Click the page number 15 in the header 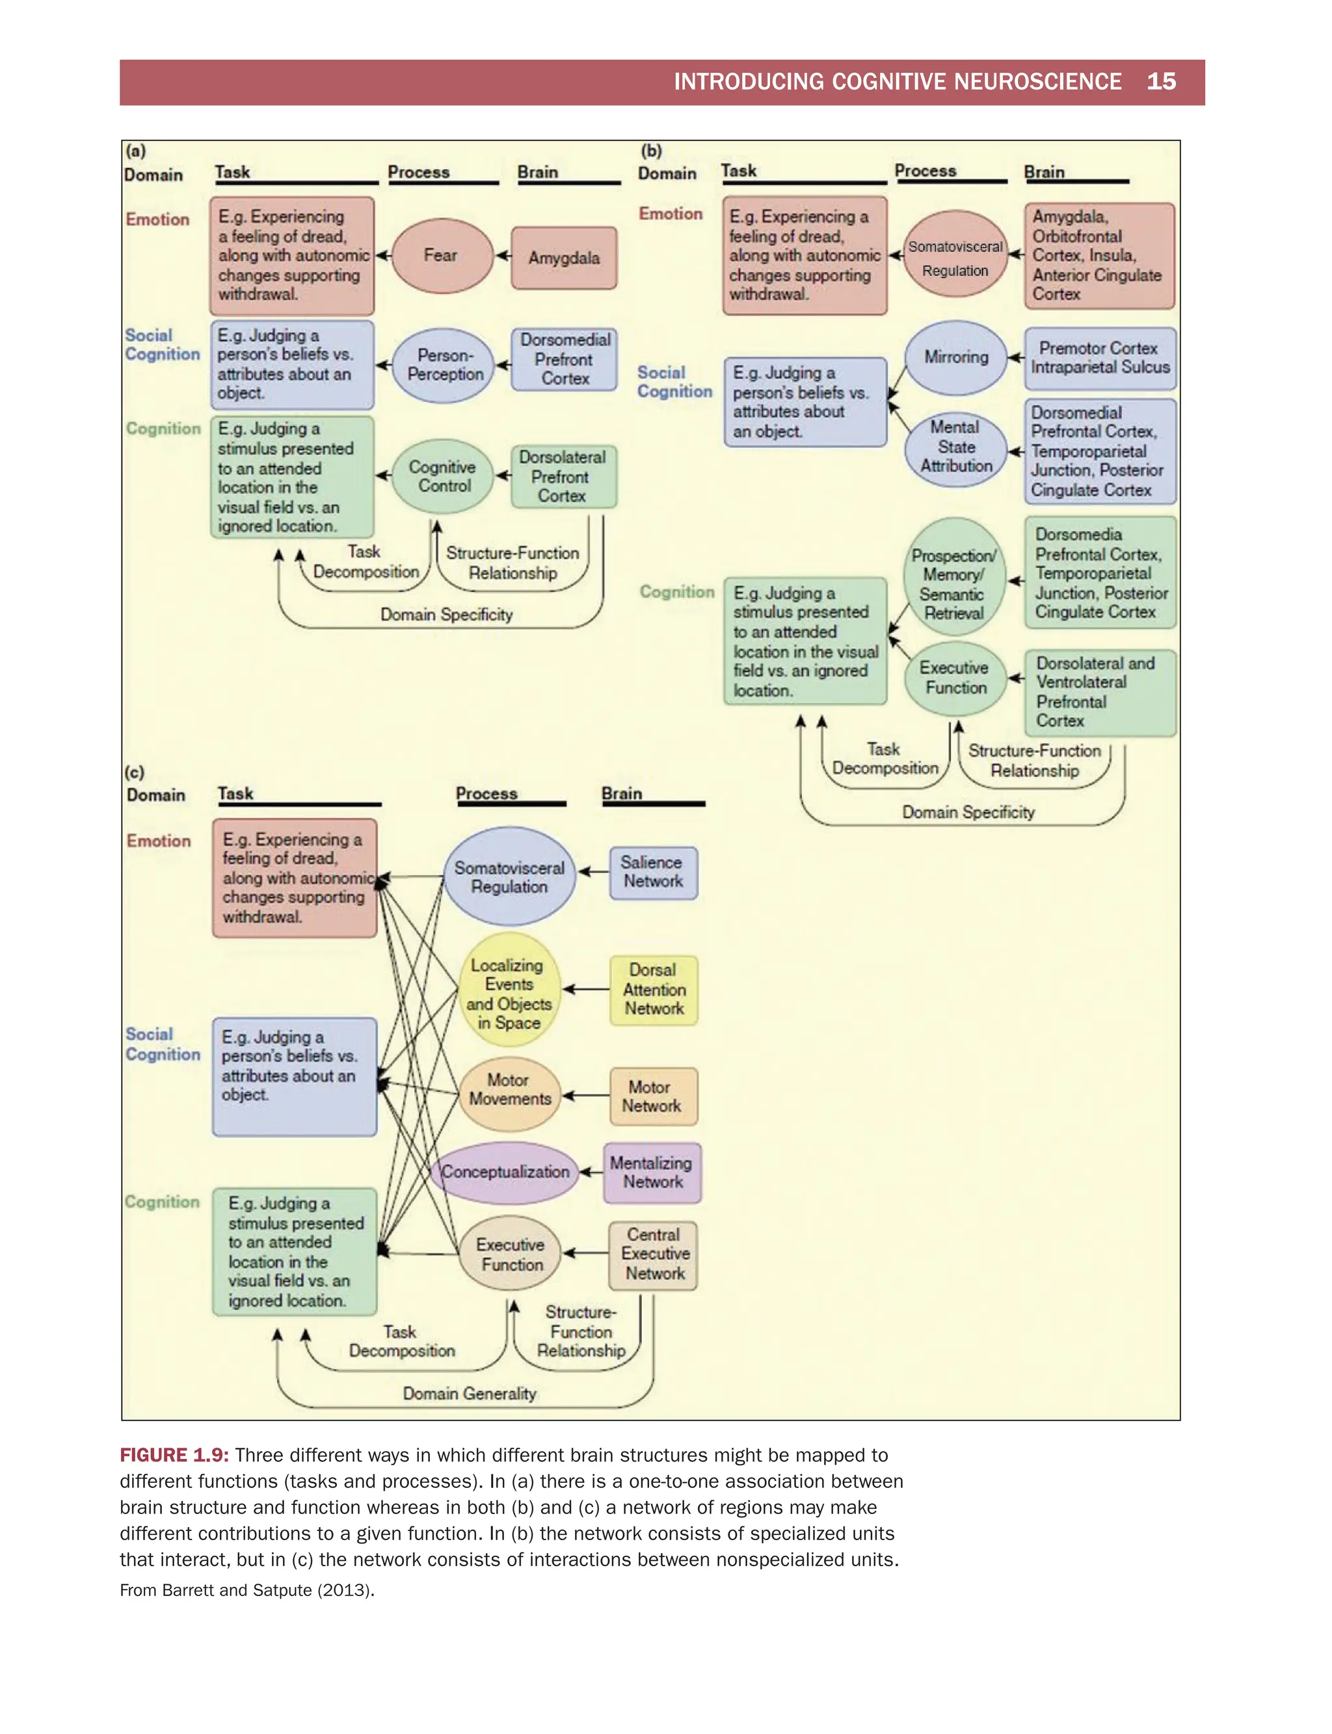1161,82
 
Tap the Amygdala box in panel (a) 564,258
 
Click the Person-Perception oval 444,365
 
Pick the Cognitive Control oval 442,477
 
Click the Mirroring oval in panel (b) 955,357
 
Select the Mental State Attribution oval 955,446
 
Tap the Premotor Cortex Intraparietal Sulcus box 1100,358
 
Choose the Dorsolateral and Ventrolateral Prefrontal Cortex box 1100,692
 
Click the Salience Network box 652,872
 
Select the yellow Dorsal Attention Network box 653,989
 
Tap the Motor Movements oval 509,1090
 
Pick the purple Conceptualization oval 506,1172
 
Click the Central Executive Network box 653,1254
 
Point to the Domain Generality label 470,1394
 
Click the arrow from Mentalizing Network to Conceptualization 591,1172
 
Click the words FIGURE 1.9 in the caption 174,1455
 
